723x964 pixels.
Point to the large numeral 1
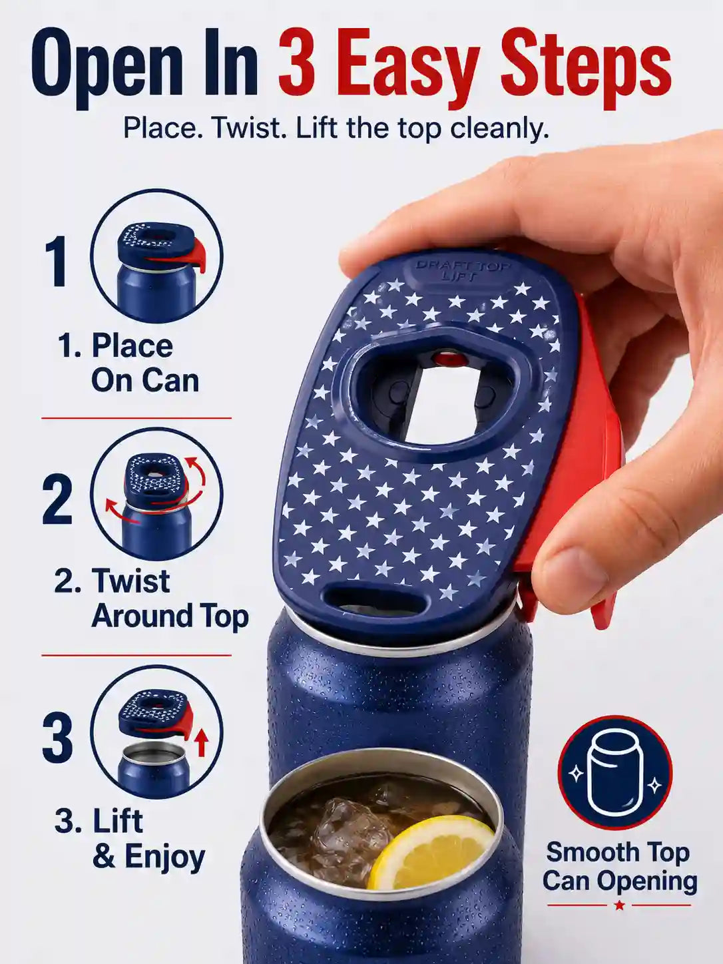pyautogui.click(x=57, y=261)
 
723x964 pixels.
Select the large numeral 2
pyautogui.click(x=57, y=500)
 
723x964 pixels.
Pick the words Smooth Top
pyautogui.click(x=618, y=852)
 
